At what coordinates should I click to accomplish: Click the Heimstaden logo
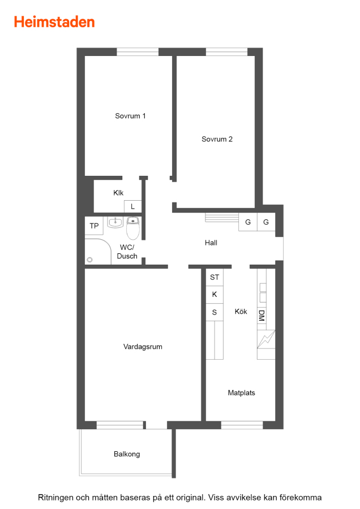pos(54,22)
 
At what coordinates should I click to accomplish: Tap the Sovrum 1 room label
pos(130,116)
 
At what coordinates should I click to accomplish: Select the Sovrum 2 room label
pos(217,139)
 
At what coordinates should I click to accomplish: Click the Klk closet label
pos(118,193)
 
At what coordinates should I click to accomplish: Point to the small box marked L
pos(132,206)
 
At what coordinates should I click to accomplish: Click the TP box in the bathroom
pos(94,226)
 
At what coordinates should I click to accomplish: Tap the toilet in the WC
pos(133,227)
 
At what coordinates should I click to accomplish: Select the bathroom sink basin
pos(115,222)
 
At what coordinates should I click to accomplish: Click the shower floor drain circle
pos(90,260)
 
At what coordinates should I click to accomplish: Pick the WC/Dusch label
pos(127,252)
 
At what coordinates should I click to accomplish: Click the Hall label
pos(211,243)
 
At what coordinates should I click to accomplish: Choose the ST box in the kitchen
pos(215,277)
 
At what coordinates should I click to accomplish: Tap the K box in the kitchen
pos(215,295)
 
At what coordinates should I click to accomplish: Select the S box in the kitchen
pos(215,312)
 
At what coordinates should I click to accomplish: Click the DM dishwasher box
pos(262,316)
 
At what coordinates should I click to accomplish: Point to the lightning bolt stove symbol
pos(266,339)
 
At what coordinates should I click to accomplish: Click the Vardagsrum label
pos(143,347)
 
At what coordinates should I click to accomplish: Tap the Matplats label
pos(241,393)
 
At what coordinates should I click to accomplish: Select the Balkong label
pos(127,454)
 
